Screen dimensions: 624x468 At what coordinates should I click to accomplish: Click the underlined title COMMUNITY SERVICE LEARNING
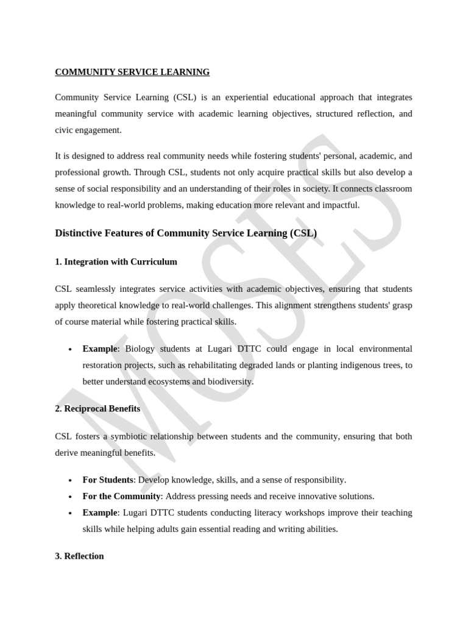[x=132, y=72]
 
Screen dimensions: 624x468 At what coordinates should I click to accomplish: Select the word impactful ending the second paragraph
[x=338, y=205]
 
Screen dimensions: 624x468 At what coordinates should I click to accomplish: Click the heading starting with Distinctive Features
[x=186, y=233]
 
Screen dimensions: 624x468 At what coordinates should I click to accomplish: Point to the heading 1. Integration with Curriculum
[x=116, y=261]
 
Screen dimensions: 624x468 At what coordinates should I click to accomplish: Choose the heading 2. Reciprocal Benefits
[x=97, y=408]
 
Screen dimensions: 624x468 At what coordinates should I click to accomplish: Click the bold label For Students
[x=108, y=480]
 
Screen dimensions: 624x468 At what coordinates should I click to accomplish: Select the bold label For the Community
[x=121, y=496]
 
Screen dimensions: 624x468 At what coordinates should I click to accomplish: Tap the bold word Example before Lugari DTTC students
[x=99, y=512]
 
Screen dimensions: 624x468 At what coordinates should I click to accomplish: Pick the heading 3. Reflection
[x=79, y=556]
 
